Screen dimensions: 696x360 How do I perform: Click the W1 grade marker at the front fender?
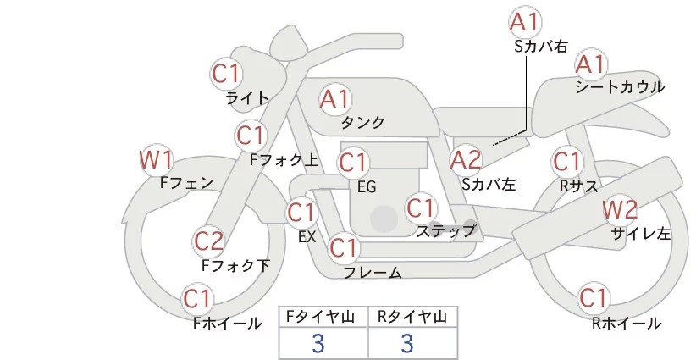[155, 160]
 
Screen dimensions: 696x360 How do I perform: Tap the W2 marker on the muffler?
[620, 209]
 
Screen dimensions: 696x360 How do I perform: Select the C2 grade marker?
[209, 242]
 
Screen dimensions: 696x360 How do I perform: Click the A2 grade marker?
[466, 160]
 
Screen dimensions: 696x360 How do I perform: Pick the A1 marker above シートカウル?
[591, 64]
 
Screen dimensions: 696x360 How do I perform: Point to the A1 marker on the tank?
[335, 99]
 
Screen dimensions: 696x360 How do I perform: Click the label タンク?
[362, 122]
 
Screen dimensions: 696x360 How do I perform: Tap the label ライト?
[247, 98]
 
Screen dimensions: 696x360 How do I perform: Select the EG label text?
[367, 187]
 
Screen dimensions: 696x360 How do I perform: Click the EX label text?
[307, 236]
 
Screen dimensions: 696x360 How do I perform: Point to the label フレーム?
[373, 273]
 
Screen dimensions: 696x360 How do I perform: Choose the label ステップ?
[445, 231]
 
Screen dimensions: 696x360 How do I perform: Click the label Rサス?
[578, 186]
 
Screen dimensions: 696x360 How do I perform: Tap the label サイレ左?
[641, 234]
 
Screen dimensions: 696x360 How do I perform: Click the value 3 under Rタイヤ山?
[407, 343]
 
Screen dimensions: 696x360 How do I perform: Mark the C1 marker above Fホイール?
[196, 299]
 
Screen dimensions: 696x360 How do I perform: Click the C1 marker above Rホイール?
[593, 298]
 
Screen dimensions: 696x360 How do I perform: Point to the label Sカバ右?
[541, 47]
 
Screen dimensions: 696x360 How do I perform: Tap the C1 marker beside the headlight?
[225, 74]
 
